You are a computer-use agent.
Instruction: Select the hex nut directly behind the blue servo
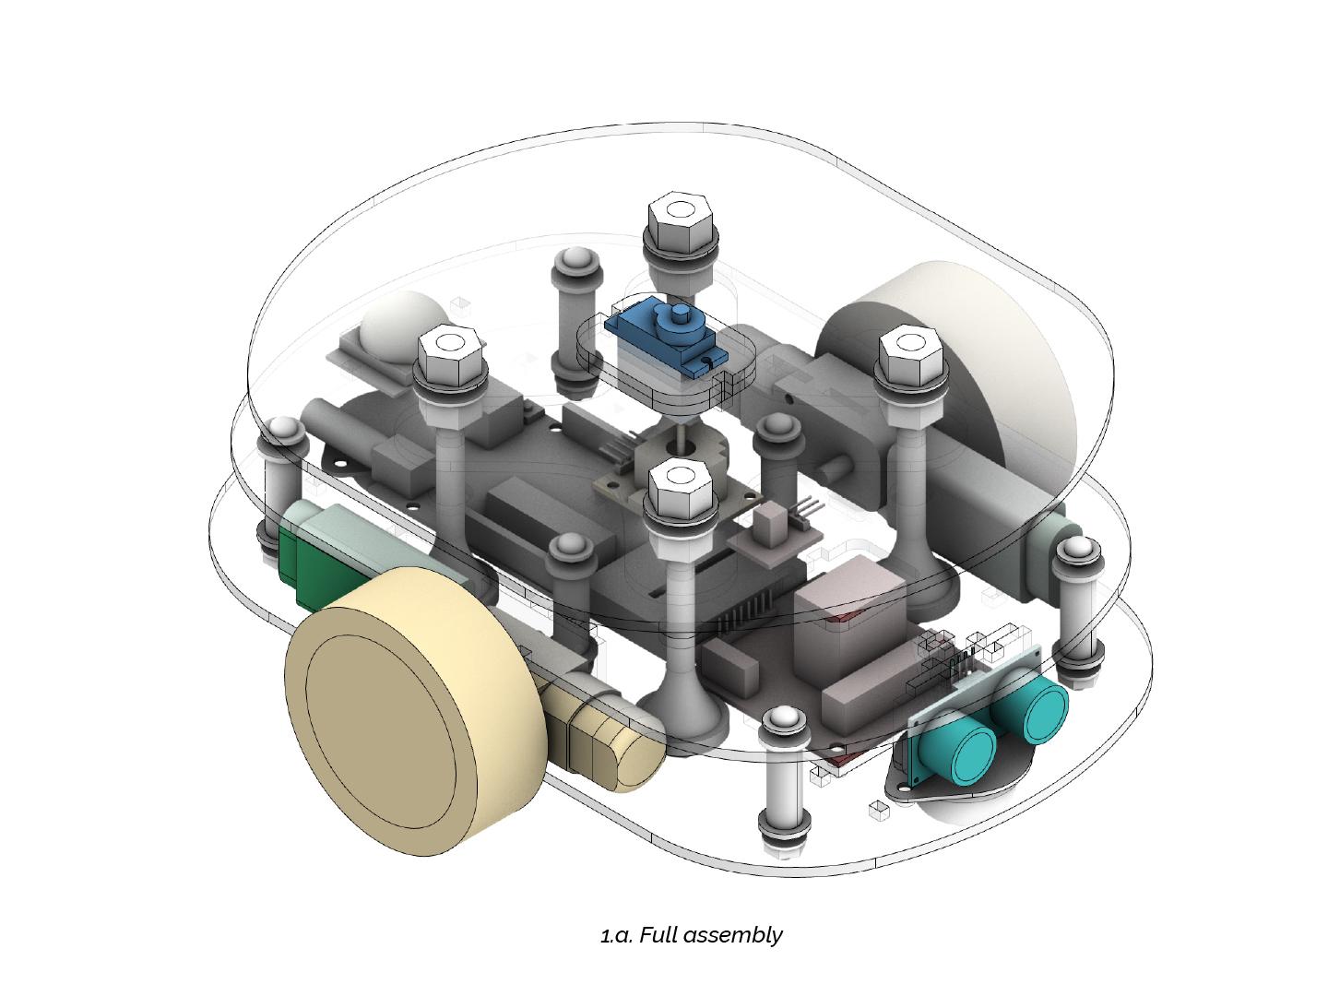pos(681,221)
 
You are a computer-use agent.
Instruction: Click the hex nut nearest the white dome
pos(449,354)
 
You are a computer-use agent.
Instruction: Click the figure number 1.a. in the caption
pos(617,935)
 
